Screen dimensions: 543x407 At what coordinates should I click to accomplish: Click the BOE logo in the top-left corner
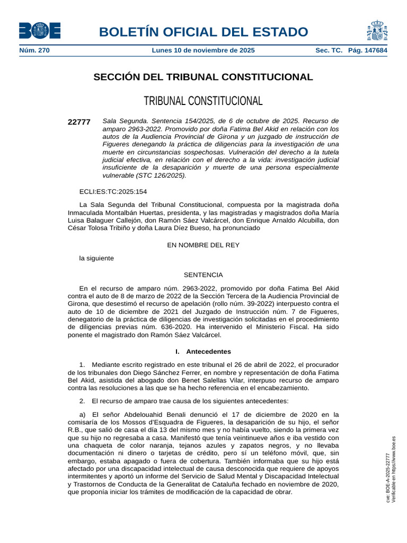click(40, 31)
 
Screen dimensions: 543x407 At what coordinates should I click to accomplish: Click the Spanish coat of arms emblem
click(376, 31)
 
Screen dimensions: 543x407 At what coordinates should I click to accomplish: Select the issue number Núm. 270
click(34, 50)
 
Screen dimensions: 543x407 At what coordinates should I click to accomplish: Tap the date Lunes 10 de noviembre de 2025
click(203, 50)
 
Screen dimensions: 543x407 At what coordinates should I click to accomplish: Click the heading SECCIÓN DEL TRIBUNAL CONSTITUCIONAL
click(203, 77)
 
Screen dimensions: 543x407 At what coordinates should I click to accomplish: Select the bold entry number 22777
click(79, 122)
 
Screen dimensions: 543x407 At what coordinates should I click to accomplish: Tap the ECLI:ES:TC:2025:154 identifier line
click(113, 191)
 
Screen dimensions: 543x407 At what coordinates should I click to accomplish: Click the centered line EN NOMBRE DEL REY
click(203, 245)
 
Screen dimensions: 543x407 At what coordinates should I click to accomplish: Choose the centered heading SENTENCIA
click(203, 275)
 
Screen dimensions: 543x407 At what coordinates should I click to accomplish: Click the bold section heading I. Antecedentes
click(203, 352)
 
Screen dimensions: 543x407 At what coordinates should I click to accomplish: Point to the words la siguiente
click(96, 258)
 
